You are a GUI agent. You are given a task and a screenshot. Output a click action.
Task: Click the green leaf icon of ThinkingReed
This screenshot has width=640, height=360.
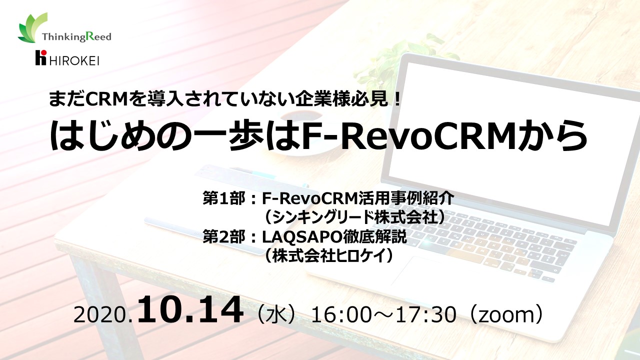tap(32, 28)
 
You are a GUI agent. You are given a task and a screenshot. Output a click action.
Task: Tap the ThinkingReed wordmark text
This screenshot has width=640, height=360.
tap(76, 36)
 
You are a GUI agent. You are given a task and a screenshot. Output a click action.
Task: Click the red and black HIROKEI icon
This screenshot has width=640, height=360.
tap(40, 57)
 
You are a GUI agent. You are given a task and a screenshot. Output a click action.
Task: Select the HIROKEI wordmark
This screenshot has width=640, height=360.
tap(74, 60)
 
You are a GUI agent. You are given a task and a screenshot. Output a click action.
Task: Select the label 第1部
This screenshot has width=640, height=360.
tap(223, 198)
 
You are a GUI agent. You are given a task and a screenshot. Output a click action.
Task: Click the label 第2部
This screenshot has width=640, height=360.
tap(223, 237)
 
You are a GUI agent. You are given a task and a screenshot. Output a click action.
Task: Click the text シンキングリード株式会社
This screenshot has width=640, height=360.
tap(355, 217)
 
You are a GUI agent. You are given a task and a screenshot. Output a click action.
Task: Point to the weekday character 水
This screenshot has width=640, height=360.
tap(277, 315)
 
